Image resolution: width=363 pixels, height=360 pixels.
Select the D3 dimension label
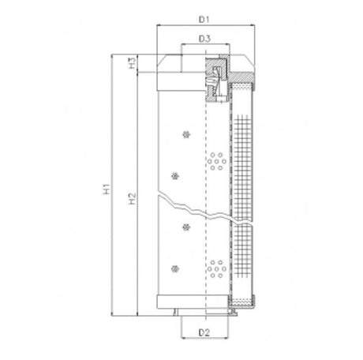204,38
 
